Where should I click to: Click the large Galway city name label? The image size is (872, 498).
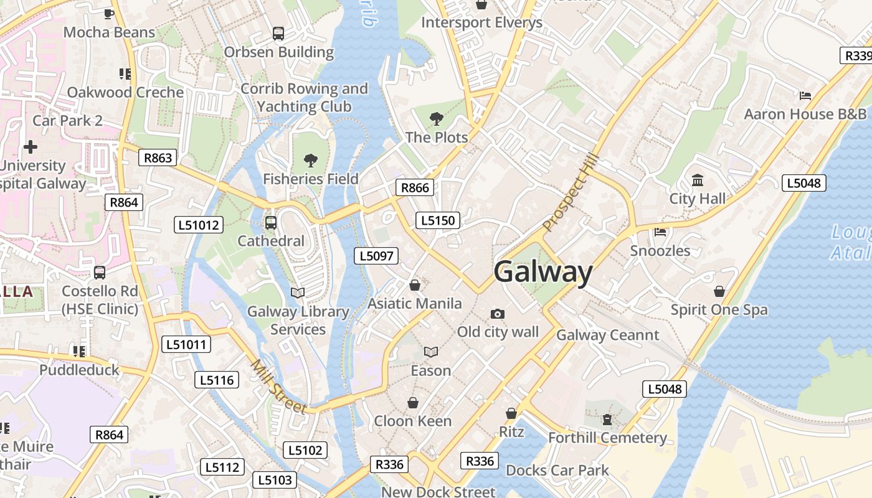543,273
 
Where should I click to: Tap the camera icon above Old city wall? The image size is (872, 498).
497,314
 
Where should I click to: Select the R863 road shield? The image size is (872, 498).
158,158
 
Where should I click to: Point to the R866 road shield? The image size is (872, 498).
415,188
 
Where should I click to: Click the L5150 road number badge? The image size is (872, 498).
438,220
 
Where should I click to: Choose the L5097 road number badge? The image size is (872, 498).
376,256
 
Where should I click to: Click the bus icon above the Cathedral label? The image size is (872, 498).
271,223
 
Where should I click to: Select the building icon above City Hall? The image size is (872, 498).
698,181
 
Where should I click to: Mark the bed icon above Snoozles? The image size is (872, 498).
660,232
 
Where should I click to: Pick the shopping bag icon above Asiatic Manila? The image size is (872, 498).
415,285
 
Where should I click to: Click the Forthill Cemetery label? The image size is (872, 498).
607,438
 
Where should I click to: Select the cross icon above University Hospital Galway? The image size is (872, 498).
30,147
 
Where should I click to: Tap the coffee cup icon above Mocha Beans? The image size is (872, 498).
109,14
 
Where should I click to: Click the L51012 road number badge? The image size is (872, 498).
198,225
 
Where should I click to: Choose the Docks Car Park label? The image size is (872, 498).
557,470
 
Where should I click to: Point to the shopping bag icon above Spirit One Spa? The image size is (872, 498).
719,291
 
